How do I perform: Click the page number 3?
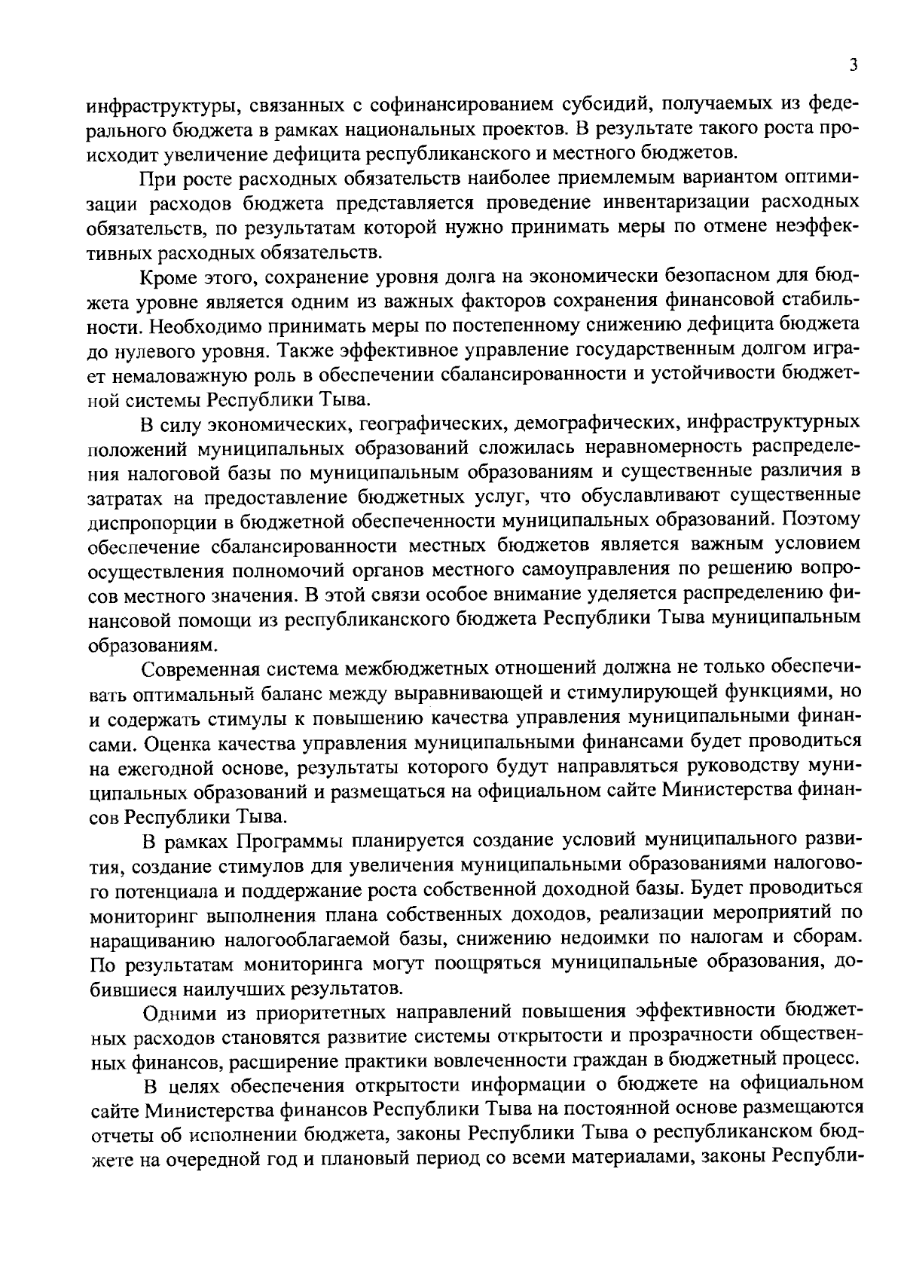[x=854, y=66]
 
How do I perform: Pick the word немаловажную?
[x=191, y=375]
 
